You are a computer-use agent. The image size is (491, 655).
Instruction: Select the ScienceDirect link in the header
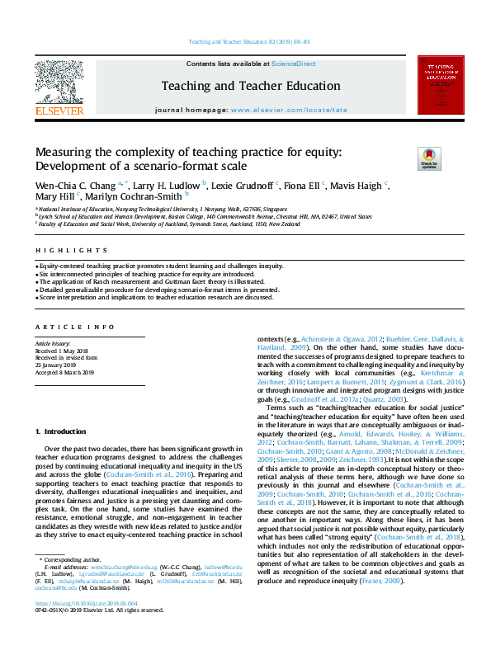click(x=293, y=64)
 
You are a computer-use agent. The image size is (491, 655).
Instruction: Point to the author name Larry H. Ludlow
click(x=168, y=184)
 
